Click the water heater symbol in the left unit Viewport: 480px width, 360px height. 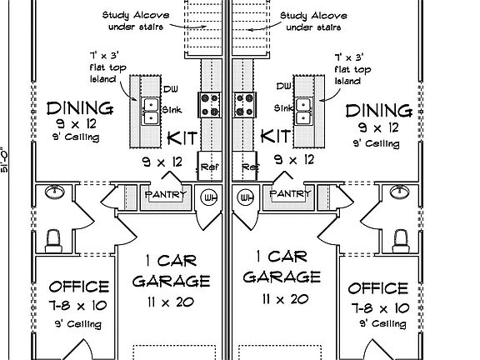pyautogui.click(x=209, y=197)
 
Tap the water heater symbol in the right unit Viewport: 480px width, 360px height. pyautogui.click(x=245, y=197)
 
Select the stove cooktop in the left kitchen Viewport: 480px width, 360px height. pyautogui.click(x=210, y=105)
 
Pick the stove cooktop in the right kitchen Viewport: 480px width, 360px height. pyautogui.click(x=244, y=105)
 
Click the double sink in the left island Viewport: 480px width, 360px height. pyautogui.click(x=150, y=112)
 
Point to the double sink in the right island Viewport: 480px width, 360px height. pyautogui.click(x=304, y=111)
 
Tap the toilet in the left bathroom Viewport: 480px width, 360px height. pyautogui.click(x=53, y=241)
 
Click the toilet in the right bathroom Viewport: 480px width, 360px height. pyautogui.click(x=401, y=241)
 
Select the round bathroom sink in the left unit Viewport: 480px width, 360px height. pyautogui.click(x=55, y=192)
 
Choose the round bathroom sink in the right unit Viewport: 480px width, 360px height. pyautogui.click(x=400, y=192)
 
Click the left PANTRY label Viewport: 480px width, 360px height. pyautogui.click(x=165, y=194)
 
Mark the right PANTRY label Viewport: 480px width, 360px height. pyautogui.click(x=290, y=193)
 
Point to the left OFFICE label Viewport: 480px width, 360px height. pyautogui.click(x=79, y=287)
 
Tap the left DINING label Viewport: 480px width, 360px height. pyautogui.click(x=80, y=108)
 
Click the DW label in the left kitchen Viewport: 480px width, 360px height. pyautogui.click(x=171, y=89)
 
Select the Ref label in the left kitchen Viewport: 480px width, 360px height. pyautogui.click(x=209, y=167)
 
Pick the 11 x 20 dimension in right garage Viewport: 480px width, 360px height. pyautogui.click(x=285, y=299)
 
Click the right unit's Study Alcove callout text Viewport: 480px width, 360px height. pyautogui.click(x=313, y=22)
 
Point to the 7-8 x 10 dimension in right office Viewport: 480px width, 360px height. pyautogui.click(x=380, y=308)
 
